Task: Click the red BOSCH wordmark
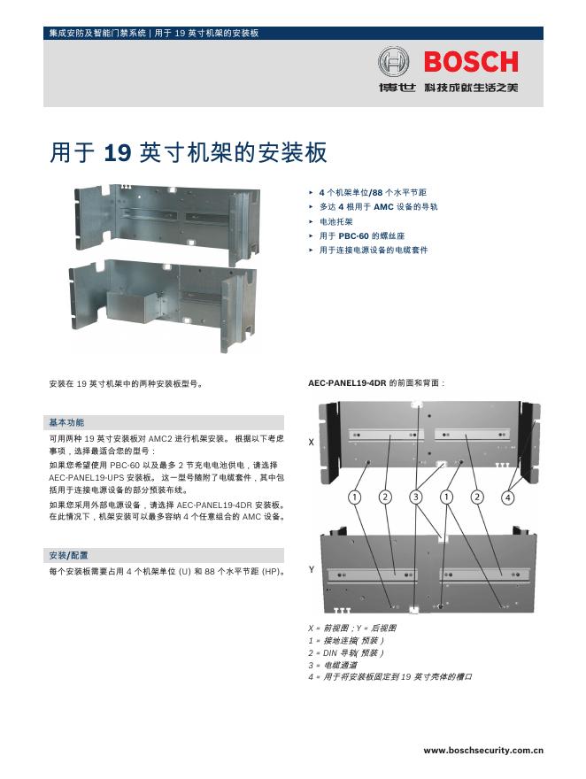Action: click(471, 61)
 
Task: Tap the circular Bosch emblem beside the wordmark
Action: click(394, 62)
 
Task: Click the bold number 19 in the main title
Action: click(117, 153)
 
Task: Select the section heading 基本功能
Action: click(67, 421)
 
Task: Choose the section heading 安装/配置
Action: click(69, 555)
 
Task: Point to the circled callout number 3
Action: click(416, 497)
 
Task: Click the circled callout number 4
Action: click(507, 497)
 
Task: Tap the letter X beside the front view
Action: click(311, 441)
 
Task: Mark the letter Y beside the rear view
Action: click(311, 570)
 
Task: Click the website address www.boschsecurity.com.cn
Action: click(482, 750)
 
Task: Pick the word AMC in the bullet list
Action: click(383, 206)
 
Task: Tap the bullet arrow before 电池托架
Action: click(311, 221)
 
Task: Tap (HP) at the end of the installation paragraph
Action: click(271, 572)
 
